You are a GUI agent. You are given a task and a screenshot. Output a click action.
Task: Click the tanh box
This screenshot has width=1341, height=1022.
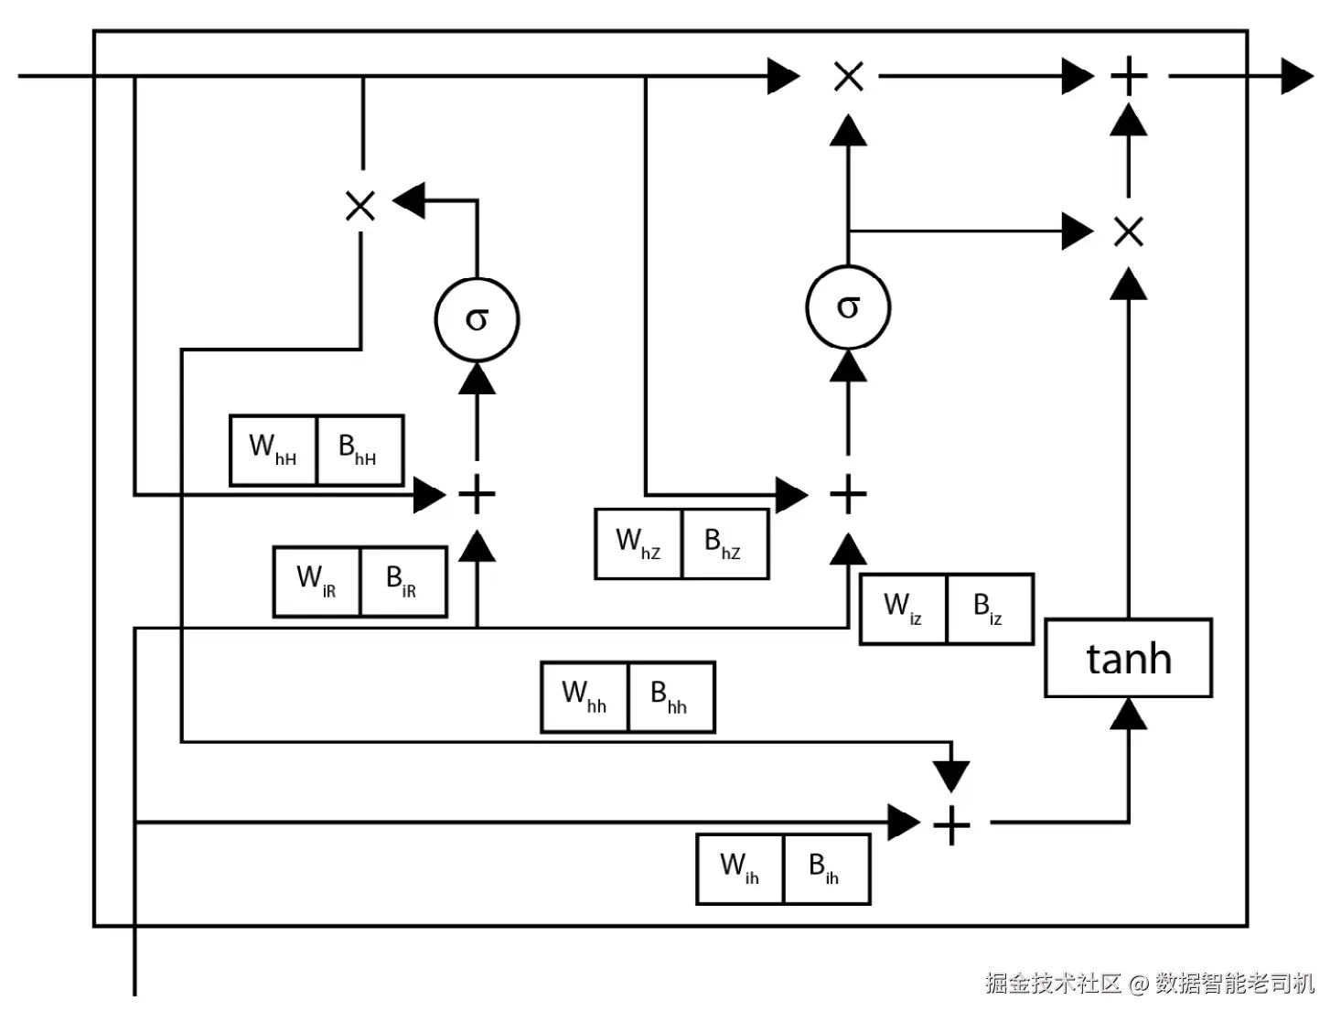pos(1128,657)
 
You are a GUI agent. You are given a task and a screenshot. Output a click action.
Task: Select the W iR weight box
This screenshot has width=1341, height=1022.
pos(316,582)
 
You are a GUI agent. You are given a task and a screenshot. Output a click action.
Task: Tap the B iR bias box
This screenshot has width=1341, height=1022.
pos(403,582)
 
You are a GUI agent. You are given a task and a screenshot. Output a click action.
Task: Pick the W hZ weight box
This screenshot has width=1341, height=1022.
pos(638,543)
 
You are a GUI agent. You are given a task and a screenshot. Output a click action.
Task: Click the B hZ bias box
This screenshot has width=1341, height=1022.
pos(725,543)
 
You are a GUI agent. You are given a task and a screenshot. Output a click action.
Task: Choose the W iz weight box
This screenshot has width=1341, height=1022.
pos(903,609)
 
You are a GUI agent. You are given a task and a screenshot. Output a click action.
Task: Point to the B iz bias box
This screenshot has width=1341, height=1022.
pos(991,609)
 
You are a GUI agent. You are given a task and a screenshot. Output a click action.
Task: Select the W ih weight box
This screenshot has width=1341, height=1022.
pos(740,868)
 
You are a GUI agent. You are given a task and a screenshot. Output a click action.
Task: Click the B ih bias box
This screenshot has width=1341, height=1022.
pos(827,868)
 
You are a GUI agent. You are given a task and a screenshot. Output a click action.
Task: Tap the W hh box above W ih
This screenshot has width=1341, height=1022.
pos(585,697)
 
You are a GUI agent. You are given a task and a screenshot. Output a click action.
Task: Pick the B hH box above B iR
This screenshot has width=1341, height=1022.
pos(360,450)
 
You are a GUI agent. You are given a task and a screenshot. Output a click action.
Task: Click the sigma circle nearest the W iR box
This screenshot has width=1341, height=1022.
pos(477,319)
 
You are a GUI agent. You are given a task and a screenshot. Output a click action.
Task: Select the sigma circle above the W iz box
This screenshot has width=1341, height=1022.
pos(848,307)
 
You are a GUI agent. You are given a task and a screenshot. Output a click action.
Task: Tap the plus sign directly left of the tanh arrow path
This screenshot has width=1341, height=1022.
pos(951,825)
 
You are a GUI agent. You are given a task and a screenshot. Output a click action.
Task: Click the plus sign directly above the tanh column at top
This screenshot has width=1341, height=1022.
pos(1129,76)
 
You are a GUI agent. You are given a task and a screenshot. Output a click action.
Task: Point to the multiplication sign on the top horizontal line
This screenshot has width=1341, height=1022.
pos(849,76)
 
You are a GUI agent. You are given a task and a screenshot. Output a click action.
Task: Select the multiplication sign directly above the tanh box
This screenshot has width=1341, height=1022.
pos(1129,231)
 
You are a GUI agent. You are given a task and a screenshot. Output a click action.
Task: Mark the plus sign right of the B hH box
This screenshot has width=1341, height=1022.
pos(477,493)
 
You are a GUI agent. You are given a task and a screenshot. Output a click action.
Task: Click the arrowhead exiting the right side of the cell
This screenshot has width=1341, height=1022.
pos(1297,76)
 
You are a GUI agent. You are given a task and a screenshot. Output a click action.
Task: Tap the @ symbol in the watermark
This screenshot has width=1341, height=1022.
pos(1139,984)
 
